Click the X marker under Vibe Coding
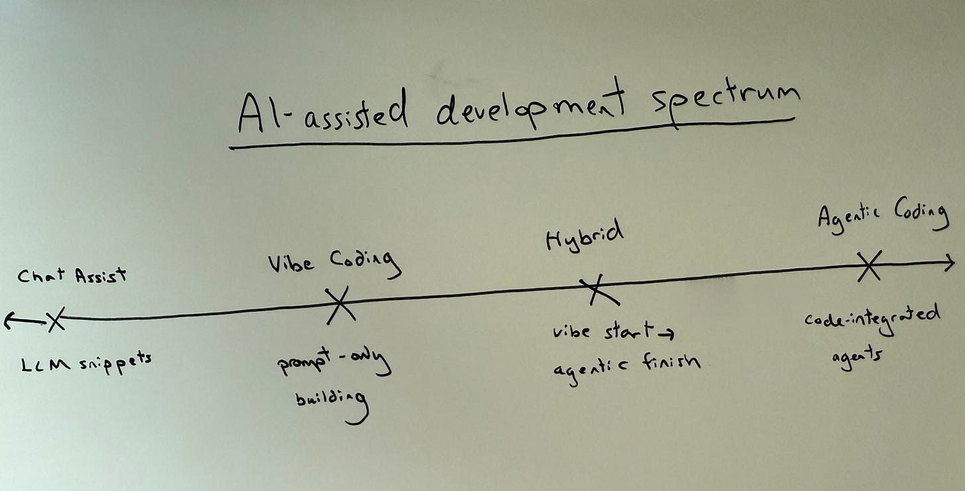[340, 305]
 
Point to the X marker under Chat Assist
[56, 319]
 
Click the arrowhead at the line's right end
[949, 263]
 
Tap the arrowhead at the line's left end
[9, 321]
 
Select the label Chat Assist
[71, 275]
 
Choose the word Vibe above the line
[291, 263]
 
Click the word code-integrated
[872, 315]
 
